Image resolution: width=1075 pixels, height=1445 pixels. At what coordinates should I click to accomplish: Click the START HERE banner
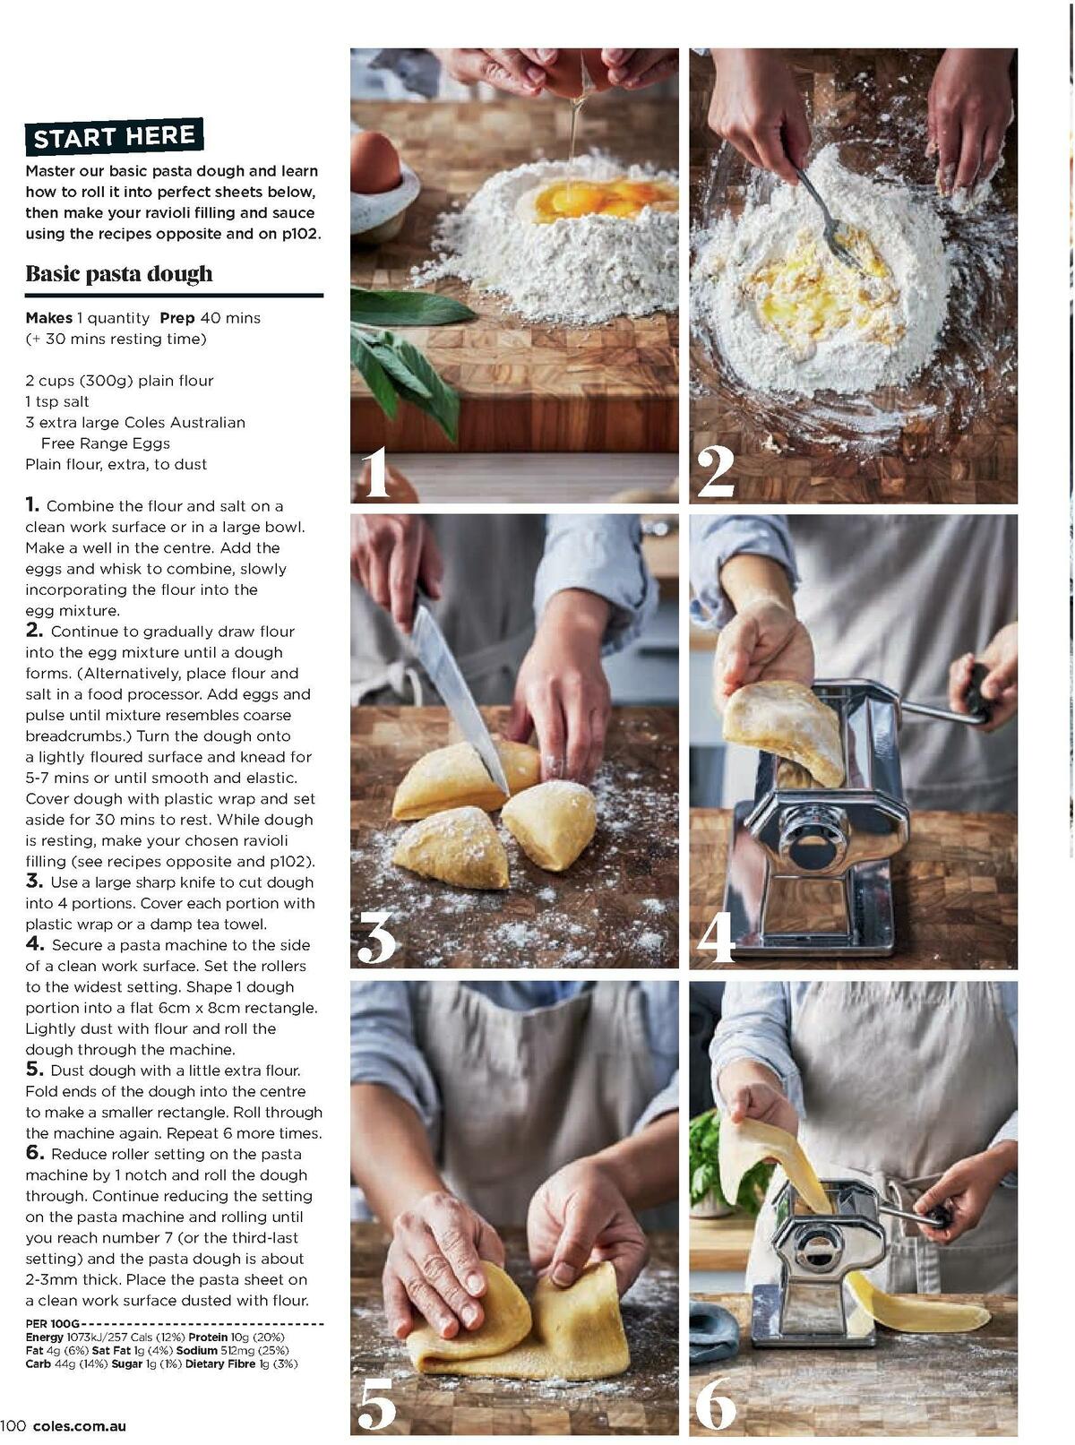114,137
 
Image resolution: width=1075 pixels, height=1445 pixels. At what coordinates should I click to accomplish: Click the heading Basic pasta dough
119,274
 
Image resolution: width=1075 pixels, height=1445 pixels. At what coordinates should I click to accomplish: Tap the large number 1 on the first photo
375,472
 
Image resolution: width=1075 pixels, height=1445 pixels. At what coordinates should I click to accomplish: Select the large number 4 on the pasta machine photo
716,938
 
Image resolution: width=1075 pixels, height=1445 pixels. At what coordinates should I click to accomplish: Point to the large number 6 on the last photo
716,1404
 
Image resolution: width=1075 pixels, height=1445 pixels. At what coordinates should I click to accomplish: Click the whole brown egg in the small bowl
375,162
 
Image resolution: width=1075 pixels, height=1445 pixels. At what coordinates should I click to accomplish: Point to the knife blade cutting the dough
457,699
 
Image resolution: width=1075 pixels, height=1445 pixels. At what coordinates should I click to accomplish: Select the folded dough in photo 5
520,1326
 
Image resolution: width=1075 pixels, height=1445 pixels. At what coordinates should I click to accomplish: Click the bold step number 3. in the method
34,882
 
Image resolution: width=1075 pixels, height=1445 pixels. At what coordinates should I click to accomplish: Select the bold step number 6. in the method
34,1154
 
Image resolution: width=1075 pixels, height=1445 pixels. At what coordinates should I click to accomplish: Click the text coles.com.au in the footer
80,1426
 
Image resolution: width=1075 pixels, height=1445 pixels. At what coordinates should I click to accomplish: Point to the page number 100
13,1426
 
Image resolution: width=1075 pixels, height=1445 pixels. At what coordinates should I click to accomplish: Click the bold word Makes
48,318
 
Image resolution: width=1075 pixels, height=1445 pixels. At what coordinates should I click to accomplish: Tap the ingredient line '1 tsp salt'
57,401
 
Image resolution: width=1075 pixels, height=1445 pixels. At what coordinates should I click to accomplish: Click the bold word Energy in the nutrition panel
45,1337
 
